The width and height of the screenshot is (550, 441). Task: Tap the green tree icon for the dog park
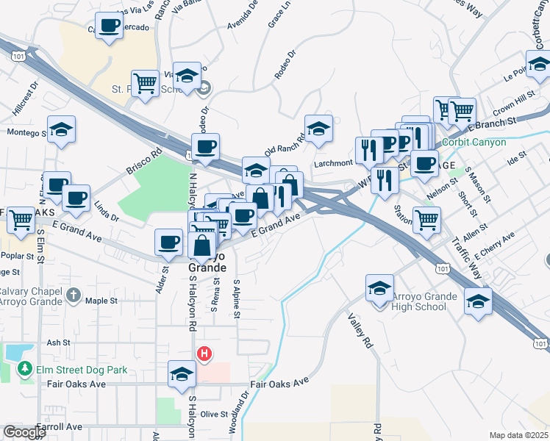pos(25,368)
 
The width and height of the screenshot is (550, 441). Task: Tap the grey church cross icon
pos(73,295)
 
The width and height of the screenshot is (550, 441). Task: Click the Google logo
pos(24,432)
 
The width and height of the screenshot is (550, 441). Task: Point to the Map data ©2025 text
pos(519,435)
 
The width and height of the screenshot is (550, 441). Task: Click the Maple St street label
pos(101,301)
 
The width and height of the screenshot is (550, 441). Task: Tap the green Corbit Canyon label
pos(474,142)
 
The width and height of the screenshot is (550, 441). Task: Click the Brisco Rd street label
pos(143,162)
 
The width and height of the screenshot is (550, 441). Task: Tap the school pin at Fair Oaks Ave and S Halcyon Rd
pos(182,374)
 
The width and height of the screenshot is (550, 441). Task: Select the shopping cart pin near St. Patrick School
pos(146,83)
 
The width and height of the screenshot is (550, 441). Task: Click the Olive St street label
pos(214,415)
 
